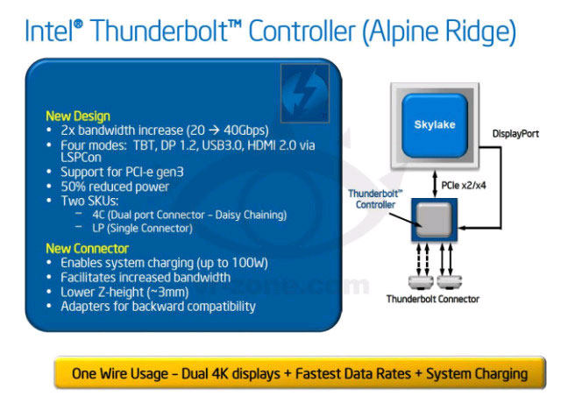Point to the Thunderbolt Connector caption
[x=433, y=299]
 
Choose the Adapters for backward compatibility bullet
[x=158, y=306]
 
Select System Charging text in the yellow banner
[x=477, y=372]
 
